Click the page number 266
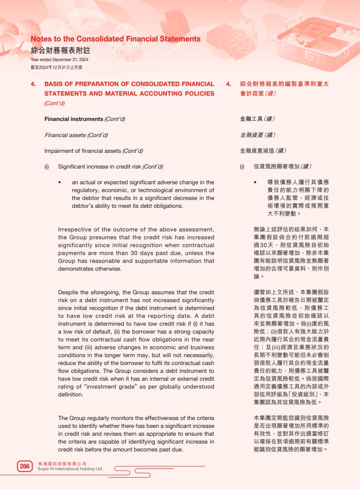coord(25,466)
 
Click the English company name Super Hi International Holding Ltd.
coord(70,469)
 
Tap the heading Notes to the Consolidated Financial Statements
coord(116,39)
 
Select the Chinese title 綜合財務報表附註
coord(61,50)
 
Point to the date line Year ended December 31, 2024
coord(59,59)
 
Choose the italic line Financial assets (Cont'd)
coord(76,135)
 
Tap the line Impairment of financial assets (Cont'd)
coord(93,151)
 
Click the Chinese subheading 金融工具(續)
coord(257,119)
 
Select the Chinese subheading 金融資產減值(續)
coord(263,151)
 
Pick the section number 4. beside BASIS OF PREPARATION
coord(33,84)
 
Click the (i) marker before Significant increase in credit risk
coord(47,167)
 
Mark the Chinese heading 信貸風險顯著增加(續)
coord(282,167)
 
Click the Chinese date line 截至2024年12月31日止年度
coord(56,67)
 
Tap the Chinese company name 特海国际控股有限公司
coord(62,463)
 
